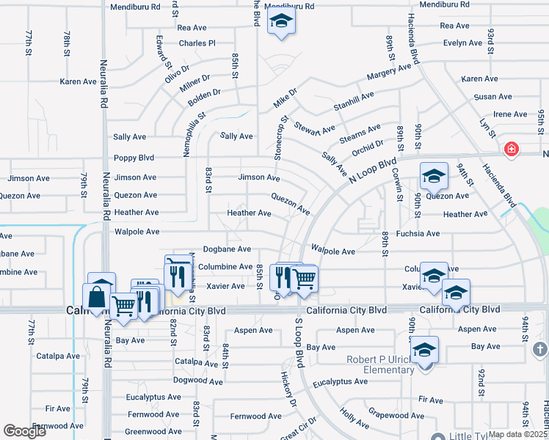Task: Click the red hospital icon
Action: click(x=511, y=150)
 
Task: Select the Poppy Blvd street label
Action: click(x=134, y=158)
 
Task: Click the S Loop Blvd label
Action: click(x=299, y=343)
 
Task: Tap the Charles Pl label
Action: click(x=197, y=43)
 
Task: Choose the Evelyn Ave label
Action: click(x=462, y=43)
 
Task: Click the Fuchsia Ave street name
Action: click(x=417, y=234)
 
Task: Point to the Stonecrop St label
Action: click(x=281, y=137)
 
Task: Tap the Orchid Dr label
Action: click(x=368, y=147)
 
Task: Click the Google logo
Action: click(x=25, y=431)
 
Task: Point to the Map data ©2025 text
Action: click(x=517, y=434)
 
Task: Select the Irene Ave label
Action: click(x=510, y=114)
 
